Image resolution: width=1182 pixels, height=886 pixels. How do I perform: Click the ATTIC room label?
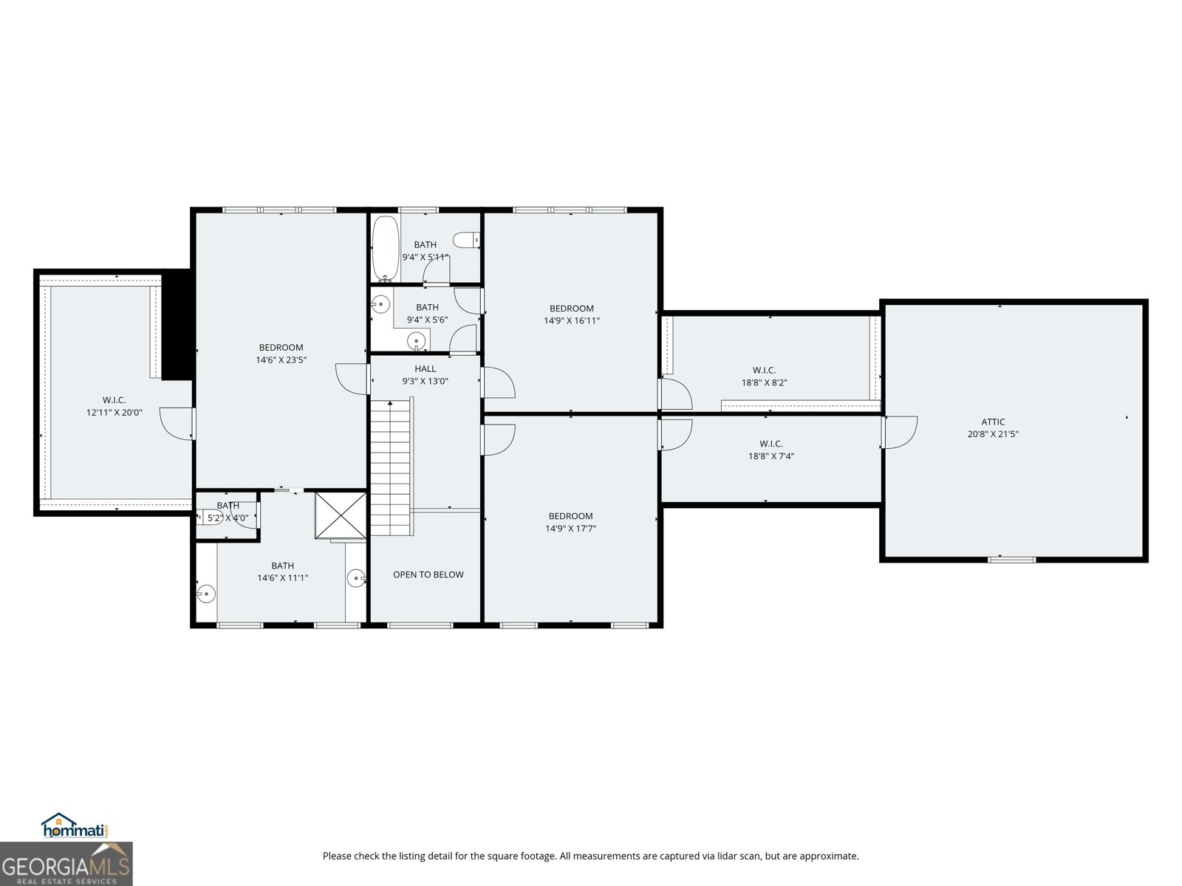(993, 422)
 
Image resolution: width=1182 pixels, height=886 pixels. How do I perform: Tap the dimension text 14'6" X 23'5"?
(281, 360)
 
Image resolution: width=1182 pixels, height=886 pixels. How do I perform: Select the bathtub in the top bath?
(385, 248)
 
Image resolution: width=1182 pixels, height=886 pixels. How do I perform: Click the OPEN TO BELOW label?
(428, 574)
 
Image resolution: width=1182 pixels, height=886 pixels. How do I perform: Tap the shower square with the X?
(341, 515)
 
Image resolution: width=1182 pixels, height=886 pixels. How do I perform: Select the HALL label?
(425, 369)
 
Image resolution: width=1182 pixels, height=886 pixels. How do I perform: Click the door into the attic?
(899, 432)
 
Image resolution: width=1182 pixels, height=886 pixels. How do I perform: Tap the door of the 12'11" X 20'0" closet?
(177, 424)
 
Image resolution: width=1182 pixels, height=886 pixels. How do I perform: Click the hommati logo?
(75, 827)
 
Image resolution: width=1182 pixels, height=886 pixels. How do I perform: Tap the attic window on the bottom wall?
(1012, 560)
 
